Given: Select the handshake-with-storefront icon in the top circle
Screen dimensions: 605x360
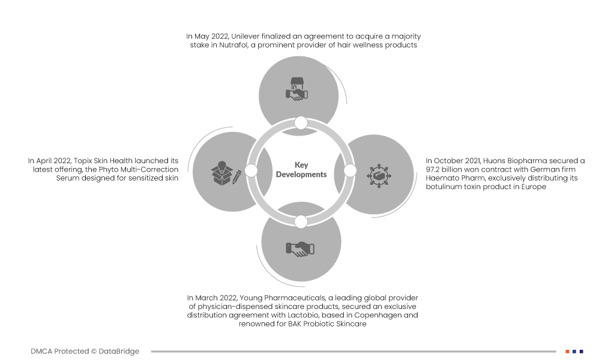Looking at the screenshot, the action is (296, 89).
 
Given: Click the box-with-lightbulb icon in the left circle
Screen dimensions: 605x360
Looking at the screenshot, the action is (222, 172).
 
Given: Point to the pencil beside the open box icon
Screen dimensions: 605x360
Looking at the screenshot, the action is (237, 177).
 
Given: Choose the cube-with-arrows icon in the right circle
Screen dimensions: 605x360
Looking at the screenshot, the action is (379, 176).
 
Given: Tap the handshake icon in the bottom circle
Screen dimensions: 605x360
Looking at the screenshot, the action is (300, 249).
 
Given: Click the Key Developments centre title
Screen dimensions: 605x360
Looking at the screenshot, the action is (301, 170).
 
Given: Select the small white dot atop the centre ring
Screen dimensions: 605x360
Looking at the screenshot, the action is (301, 123).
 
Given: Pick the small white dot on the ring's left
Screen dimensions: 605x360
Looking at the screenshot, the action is (251, 170).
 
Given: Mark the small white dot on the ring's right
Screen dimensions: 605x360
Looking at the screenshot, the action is (350, 170).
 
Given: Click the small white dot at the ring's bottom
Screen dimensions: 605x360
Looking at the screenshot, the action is (301, 222).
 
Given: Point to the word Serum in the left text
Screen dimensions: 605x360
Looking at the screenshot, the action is (67, 178).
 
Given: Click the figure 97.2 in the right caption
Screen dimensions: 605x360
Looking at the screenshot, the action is (433, 169).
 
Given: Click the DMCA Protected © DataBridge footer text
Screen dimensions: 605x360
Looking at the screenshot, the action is (85, 351).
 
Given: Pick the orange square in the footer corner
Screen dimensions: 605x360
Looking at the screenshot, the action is (567, 352).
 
